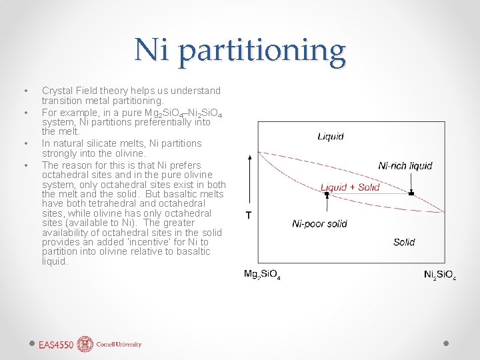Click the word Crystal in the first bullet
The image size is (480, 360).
[57, 90]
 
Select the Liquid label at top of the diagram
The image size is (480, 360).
[331, 137]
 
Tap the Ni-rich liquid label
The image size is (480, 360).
[405, 165]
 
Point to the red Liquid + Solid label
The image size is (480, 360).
[350, 187]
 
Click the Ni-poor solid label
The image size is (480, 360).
[319, 223]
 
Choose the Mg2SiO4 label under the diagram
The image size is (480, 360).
[262, 275]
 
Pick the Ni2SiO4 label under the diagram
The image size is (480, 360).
[440, 275]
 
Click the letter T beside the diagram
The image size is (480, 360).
[249, 215]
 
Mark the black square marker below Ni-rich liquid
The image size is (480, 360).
[411, 193]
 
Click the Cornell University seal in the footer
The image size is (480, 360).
[85, 344]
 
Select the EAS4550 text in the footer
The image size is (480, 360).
[56, 345]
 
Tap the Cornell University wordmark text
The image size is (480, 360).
[119, 345]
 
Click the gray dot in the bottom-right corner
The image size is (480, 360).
[447, 343]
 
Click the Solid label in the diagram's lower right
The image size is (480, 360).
[404, 242]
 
